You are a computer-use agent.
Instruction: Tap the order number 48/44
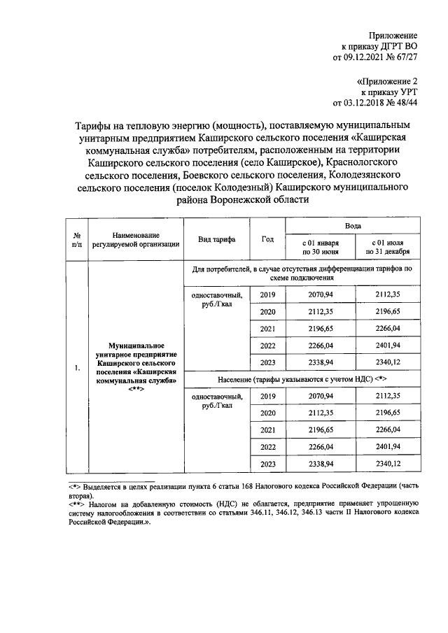tap(404, 103)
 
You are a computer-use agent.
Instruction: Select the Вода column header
tap(353, 228)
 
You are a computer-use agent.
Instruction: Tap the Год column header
tap(267, 239)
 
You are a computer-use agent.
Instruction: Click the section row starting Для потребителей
tap(302, 273)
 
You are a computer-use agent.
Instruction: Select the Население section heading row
tap(302, 379)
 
